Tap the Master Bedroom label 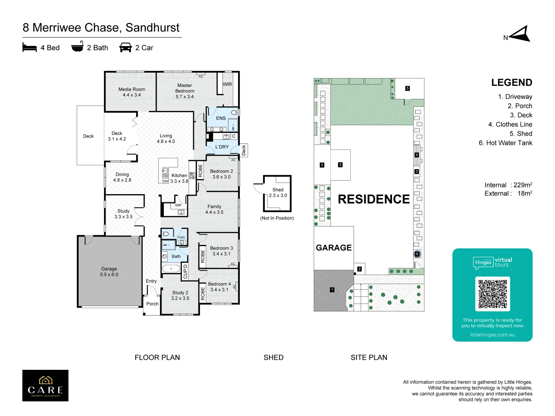pos(185,91)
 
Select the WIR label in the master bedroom pos(227,84)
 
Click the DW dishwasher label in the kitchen pos(165,181)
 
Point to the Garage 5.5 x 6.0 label pos(109,272)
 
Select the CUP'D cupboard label pos(185,272)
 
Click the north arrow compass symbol pos(520,34)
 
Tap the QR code pos(493,294)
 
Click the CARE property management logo pos(45,386)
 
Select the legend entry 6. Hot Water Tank pos(505,143)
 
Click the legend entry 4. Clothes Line pos(510,124)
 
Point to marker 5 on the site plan pos(407,88)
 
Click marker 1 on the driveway pos(332,290)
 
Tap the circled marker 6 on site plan pos(417,254)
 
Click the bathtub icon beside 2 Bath pos(77,47)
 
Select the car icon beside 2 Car pos(126,47)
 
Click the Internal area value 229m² pos(523,185)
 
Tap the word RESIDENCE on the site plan pos(373,199)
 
